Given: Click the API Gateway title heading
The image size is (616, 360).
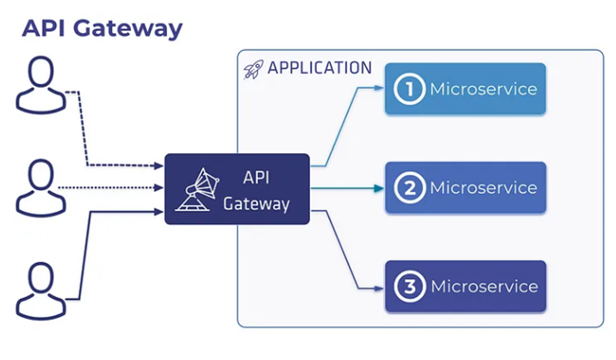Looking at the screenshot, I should pyautogui.click(x=102, y=28).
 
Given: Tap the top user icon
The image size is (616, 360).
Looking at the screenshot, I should pyautogui.click(x=40, y=87).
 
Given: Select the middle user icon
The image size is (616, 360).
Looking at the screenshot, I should pyautogui.click(x=40, y=189).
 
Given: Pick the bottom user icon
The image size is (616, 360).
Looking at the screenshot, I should pyautogui.click(x=40, y=291).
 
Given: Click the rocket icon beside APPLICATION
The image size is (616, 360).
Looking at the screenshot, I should pyautogui.click(x=253, y=69).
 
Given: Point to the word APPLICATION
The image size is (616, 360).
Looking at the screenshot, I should pyautogui.click(x=319, y=68).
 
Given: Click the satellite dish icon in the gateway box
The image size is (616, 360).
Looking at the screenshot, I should pyautogui.click(x=198, y=190).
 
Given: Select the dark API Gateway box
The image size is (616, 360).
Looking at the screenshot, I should pyautogui.click(x=237, y=189).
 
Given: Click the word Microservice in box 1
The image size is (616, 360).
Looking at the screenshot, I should pyautogui.click(x=483, y=89).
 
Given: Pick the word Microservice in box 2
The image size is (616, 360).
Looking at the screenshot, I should pyautogui.click(x=483, y=188).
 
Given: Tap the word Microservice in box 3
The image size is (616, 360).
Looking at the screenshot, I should pyautogui.click(x=484, y=286).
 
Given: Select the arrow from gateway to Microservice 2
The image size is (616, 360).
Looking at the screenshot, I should pyautogui.click(x=347, y=189).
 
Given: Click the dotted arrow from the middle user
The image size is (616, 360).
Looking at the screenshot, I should pyautogui.click(x=110, y=188).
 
